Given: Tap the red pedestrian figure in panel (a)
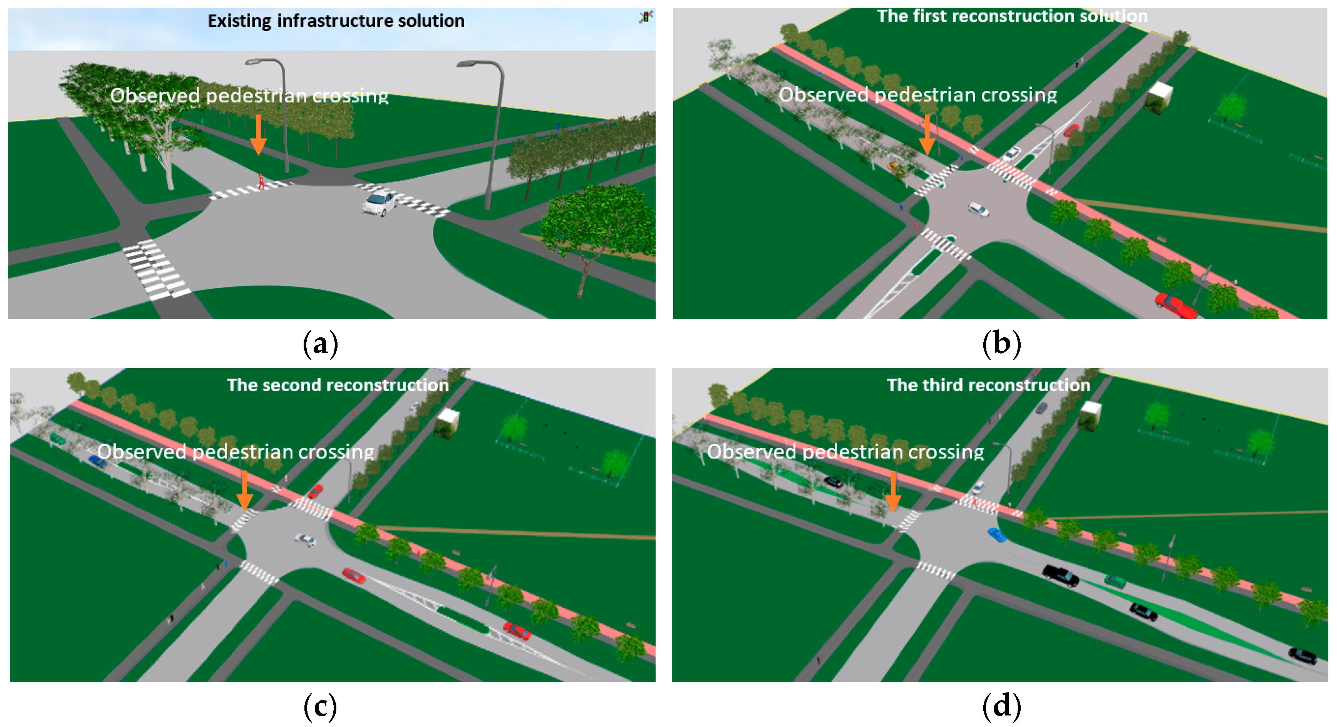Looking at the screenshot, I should (x=261, y=181).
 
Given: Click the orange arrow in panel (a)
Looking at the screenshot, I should (x=258, y=135).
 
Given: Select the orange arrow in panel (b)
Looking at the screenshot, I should (x=927, y=135).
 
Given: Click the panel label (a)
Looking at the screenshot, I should (x=320, y=343).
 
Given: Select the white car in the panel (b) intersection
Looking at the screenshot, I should (x=978, y=209).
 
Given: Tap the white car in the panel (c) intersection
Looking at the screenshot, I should (x=305, y=540).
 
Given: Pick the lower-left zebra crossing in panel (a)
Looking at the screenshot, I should (x=155, y=269).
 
